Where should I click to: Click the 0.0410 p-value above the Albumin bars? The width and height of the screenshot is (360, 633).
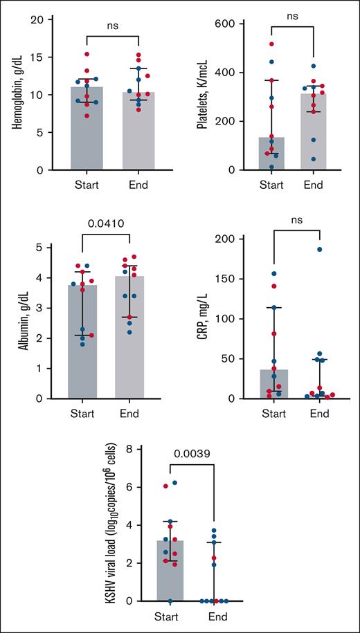[105, 224]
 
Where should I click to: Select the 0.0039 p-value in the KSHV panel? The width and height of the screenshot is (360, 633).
[192, 455]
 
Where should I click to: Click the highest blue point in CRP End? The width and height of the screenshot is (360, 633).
[320, 249]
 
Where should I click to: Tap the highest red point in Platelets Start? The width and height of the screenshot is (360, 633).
[271, 44]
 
